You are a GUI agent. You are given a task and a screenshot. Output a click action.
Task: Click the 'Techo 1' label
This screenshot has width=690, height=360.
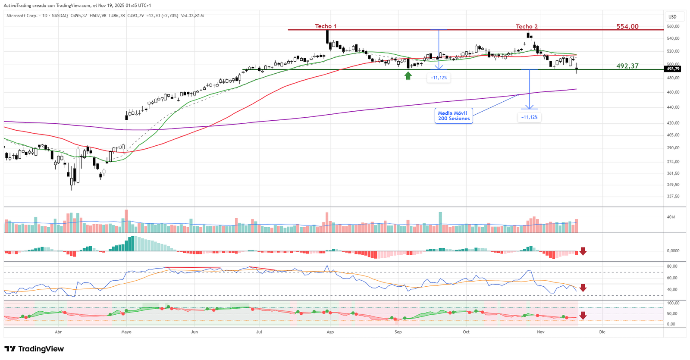point(326,26)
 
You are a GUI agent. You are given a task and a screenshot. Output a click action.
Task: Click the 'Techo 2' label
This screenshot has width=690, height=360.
point(527,27)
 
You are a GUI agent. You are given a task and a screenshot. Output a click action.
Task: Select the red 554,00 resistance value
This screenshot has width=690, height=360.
point(627,27)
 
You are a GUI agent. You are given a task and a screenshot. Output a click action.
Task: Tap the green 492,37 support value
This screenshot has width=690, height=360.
point(627,66)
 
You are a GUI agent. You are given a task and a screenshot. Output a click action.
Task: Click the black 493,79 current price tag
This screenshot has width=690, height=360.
point(673,69)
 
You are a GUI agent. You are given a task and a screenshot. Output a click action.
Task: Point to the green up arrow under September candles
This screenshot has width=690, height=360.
point(408,76)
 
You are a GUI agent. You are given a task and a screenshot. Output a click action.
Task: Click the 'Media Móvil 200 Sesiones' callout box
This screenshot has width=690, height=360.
point(454,116)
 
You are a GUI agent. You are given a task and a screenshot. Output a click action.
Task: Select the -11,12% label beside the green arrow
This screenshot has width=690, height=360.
point(439,78)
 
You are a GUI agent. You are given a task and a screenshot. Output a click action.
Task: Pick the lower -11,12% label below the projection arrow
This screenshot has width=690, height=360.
point(529,117)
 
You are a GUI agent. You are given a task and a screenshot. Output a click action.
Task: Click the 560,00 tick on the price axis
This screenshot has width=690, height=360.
point(673,26)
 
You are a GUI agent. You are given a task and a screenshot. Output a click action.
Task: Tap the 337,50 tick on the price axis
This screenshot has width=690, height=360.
point(673,196)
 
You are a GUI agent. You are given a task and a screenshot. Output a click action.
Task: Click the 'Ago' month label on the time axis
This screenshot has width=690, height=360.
point(330,332)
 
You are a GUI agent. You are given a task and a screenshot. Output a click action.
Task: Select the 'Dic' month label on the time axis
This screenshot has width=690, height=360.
point(602,332)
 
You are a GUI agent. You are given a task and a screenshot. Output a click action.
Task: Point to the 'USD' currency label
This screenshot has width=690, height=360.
point(672,17)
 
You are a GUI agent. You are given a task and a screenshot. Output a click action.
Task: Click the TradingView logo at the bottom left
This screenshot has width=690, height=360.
point(34,349)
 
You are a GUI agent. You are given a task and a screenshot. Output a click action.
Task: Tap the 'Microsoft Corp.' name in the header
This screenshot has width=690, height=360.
point(22,16)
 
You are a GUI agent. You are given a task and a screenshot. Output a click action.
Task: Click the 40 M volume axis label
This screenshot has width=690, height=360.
point(671,217)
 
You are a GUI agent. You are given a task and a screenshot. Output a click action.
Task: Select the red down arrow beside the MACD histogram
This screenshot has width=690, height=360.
point(583,251)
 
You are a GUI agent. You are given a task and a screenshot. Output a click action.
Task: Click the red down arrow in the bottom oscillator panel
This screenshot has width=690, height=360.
point(583,316)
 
